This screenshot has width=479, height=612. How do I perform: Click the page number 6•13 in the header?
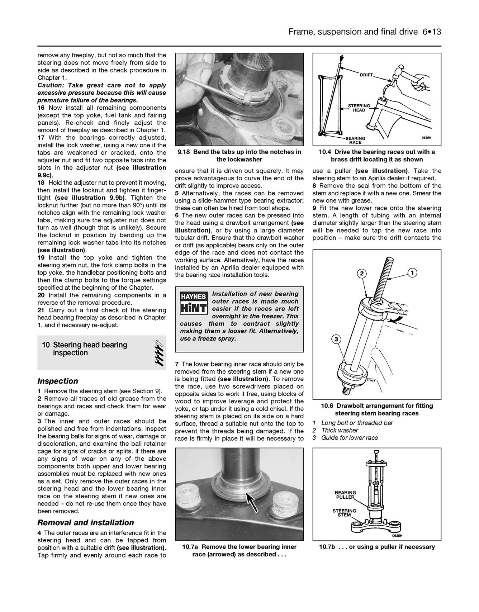[x=432, y=32]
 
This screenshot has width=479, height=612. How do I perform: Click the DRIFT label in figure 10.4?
[x=367, y=75]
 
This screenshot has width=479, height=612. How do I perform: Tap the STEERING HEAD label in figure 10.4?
[x=359, y=108]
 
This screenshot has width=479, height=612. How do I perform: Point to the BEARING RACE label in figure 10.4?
[x=355, y=140]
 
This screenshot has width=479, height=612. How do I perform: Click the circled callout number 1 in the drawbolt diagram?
[x=412, y=273]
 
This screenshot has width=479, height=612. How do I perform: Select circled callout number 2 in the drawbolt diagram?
[x=362, y=274]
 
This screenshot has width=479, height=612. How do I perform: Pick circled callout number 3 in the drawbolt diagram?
[x=336, y=339]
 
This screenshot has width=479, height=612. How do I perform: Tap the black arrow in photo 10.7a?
[x=252, y=502]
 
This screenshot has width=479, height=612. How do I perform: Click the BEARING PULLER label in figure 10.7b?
[x=345, y=495]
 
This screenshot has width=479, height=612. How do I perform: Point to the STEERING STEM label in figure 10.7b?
[x=344, y=513]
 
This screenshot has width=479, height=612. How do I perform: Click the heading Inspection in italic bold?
[x=58, y=381]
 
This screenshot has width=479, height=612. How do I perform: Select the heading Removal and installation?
[x=86, y=522]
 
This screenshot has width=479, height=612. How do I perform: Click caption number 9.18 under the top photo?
[x=184, y=152]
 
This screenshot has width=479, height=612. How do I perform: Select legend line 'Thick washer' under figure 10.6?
[x=340, y=430]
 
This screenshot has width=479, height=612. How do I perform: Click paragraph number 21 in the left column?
[x=42, y=310]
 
